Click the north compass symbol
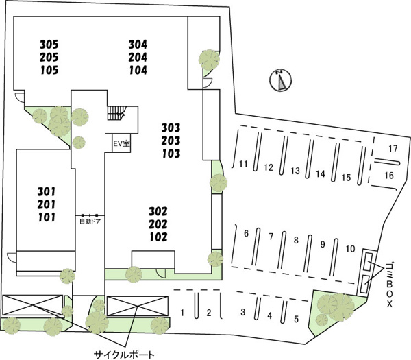coord(281,80)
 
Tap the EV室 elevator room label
coord(122,143)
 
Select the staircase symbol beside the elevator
coord(116,113)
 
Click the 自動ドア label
coord(90,221)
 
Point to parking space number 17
coord(393,149)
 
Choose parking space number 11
coord(243,164)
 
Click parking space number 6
coord(246,233)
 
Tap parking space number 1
coord(182,313)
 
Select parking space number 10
coord(351,248)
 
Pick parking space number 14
coord(321,173)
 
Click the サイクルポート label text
coord(124,355)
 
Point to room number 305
coord(49,45)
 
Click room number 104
coord(138,70)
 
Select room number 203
coord(171,141)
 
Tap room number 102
coord(158,237)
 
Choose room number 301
coord(47,192)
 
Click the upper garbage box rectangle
coord(369,261)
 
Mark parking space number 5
coord(296,319)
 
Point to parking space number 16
coord(389,175)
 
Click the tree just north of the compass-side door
coord(209,60)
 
